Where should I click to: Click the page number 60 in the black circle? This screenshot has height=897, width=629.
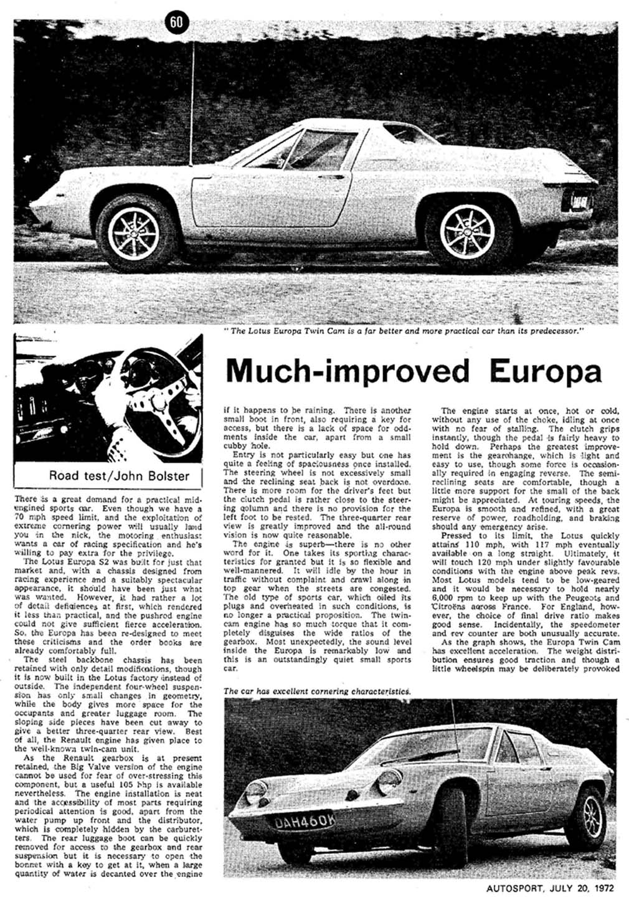tap(176, 22)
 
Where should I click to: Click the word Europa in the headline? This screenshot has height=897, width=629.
tap(546, 371)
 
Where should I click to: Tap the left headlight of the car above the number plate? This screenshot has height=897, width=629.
tap(257, 791)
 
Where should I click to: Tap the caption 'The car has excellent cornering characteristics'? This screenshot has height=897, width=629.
tap(316, 691)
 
